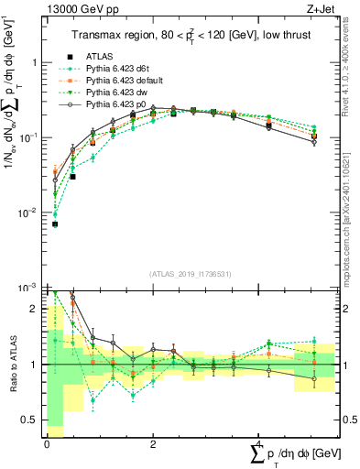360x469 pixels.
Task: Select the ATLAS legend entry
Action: pos(100,56)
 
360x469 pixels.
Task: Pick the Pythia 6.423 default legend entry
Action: pos(124,82)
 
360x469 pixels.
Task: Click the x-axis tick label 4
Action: pos(259,444)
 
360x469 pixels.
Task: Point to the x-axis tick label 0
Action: pos(47,444)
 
